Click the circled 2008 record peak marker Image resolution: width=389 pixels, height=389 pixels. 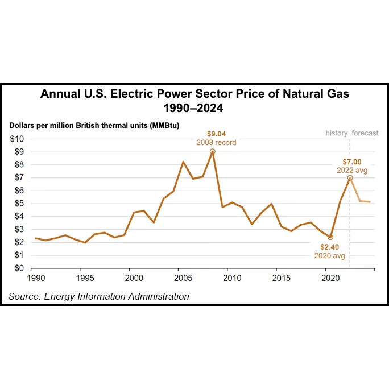tap(212, 152)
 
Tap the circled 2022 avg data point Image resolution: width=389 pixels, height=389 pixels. tap(350, 178)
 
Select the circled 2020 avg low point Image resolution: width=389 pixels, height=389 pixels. tap(330, 237)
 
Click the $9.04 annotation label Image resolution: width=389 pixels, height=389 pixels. tap(216, 134)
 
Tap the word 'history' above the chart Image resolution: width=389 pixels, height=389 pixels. tap(336, 133)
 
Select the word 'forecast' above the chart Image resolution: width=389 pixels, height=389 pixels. tap(365, 133)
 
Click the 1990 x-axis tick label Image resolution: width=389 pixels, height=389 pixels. tap(35, 278)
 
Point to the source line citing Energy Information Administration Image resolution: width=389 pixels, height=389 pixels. tap(98, 296)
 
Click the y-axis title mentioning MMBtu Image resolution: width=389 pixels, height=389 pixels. tap(94, 125)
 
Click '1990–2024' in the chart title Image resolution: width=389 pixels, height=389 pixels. tap(194, 107)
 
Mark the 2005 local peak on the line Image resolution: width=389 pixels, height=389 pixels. tap(183, 162)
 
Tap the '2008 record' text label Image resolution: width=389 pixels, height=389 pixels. tap(216, 143)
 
